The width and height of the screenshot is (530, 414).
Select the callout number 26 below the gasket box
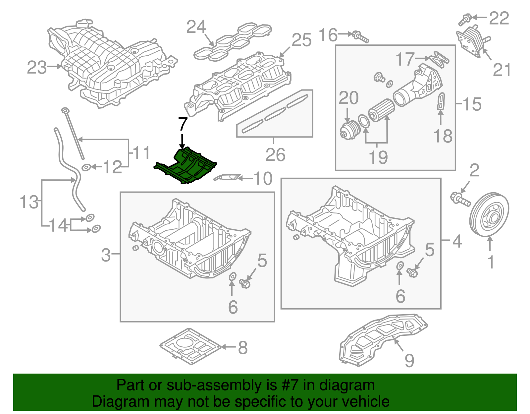pos(275,155)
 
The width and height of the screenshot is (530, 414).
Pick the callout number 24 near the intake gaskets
pos(196,27)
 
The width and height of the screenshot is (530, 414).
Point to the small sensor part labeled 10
pos(227,178)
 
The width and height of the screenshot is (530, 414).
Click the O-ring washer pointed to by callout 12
pos(86,167)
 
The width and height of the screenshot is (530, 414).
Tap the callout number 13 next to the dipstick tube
pos(29,202)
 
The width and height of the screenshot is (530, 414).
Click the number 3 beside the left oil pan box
pos(106,255)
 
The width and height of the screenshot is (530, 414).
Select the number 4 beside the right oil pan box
pos(457,241)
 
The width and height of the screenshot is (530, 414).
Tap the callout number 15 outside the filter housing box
pos(472,104)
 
